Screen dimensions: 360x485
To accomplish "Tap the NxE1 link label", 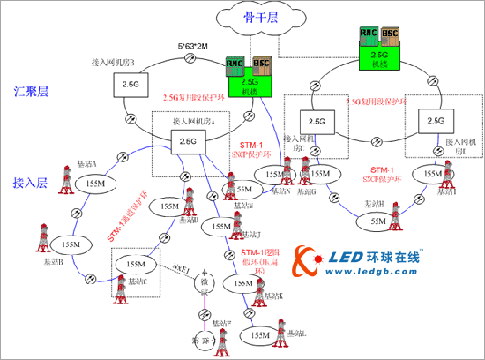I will (x=180, y=267).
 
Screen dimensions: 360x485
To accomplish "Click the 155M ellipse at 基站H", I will (x=377, y=221).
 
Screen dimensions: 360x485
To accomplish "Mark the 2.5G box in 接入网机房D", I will (x=434, y=119).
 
